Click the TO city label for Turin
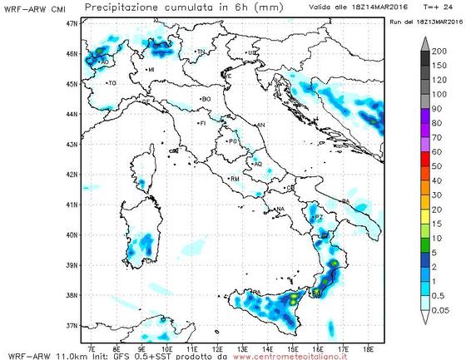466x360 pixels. (x=112, y=83)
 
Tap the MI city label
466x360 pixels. (x=151, y=70)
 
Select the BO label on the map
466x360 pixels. (x=206, y=99)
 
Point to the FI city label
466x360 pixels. (x=202, y=123)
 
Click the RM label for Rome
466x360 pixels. (x=235, y=179)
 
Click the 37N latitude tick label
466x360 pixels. (x=72, y=325)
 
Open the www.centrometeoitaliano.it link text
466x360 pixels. (x=299, y=355)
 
